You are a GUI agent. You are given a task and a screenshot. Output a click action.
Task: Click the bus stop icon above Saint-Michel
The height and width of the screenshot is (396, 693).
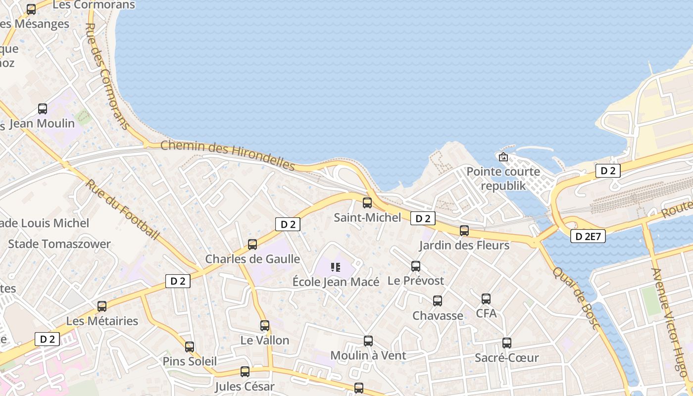pyautogui.click(x=367, y=202)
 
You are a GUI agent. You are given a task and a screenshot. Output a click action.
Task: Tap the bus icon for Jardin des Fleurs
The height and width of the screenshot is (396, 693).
pyautogui.click(x=464, y=230)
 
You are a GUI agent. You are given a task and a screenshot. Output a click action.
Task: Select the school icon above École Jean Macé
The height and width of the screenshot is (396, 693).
pyautogui.click(x=336, y=267)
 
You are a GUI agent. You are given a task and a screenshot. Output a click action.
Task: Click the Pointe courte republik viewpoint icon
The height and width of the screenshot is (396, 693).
pyautogui.click(x=503, y=157)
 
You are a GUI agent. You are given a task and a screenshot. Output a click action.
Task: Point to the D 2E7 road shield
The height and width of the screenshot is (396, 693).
pyautogui.click(x=588, y=237)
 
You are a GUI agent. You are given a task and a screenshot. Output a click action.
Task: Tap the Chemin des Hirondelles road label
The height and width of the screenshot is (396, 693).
pyautogui.click(x=228, y=155)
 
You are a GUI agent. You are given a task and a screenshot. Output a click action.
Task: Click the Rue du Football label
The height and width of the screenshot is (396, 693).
pyautogui.click(x=123, y=209)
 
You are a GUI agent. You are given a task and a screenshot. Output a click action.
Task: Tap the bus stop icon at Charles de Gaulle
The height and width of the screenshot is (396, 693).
pyautogui.click(x=252, y=244)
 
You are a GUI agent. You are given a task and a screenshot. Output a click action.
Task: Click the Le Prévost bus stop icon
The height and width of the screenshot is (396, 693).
pyautogui.click(x=416, y=266)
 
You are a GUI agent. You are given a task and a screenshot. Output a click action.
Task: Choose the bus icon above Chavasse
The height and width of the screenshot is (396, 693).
pyautogui.click(x=438, y=301)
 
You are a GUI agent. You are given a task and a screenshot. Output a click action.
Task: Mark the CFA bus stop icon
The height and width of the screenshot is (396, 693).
pyautogui.click(x=486, y=299)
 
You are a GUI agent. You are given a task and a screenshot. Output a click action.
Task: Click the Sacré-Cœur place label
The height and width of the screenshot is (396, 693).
pyautogui.click(x=506, y=357)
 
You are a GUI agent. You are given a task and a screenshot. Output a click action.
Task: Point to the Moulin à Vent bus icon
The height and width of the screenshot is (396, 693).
pyautogui.click(x=368, y=341)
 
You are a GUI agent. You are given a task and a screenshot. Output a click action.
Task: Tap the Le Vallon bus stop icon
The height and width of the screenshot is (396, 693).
pyautogui.click(x=265, y=326)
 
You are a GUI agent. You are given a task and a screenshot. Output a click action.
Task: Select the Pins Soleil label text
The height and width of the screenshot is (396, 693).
pyautogui.click(x=190, y=361)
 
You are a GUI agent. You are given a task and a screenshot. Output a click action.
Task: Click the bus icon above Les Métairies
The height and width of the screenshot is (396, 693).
pyautogui.click(x=102, y=306)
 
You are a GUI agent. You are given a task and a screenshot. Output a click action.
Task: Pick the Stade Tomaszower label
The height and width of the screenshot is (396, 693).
pyautogui.click(x=59, y=244)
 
